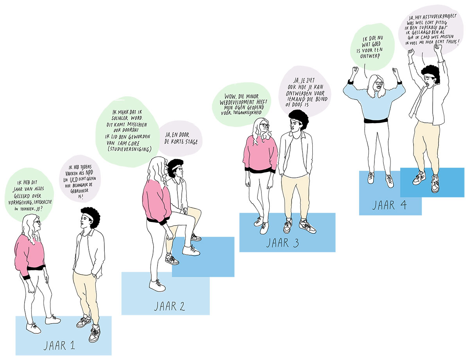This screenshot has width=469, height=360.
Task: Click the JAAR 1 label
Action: click(x=59, y=346)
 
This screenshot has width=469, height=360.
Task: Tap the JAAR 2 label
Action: click(x=170, y=306)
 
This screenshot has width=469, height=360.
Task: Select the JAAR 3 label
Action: click(x=283, y=243)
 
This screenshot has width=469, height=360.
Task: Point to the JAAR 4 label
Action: click(x=390, y=205)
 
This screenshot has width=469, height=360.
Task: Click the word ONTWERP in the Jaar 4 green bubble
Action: click(x=370, y=56)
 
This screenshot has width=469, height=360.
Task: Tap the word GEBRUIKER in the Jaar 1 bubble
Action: click(x=79, y=191)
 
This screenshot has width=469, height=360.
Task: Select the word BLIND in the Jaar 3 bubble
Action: click(x=321, y=99)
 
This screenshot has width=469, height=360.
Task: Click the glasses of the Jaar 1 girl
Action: click(x=37, y=222)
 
